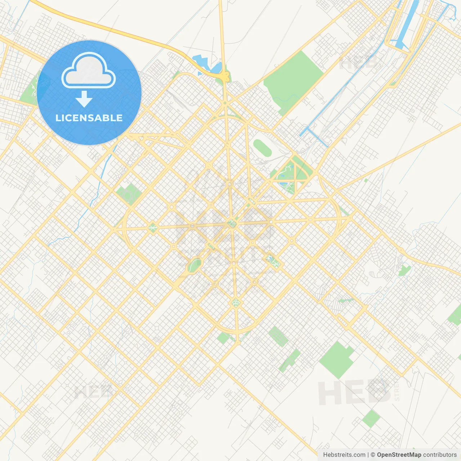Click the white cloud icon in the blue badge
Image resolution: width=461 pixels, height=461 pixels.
click(x=89, y=70)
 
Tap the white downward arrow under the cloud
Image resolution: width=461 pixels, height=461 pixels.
click(x=84, y=99)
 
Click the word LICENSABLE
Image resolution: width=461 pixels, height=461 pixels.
click(x=89, y=118)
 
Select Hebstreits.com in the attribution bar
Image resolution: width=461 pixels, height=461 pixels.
click(x=344, y=455)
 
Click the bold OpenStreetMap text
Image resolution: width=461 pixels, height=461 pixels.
click(x=399, y=455)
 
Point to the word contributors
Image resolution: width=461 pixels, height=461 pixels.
click(x=440, y=455)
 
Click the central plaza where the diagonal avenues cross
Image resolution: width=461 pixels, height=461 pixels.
click(x=232, y=224)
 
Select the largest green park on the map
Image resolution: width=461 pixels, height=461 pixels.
click(x=294, y=81)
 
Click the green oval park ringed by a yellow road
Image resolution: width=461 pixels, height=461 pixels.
click(x=195, y=265)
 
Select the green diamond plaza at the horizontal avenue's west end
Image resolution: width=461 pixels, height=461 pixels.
click(x=153, y=227)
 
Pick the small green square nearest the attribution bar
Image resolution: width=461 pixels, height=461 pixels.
click(x=371, y=419)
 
